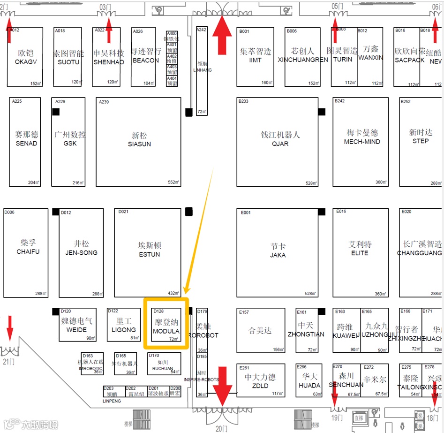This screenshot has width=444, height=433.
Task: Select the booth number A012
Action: tap(15, 30)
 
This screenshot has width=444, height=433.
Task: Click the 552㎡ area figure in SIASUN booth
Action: tap(173, 182)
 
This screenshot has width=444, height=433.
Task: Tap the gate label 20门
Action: tap(221, 428)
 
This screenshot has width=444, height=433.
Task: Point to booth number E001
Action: tap(246, 213)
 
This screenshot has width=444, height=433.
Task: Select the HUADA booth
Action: tap(309, 380)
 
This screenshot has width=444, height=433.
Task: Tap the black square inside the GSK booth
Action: tap(56, 112)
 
